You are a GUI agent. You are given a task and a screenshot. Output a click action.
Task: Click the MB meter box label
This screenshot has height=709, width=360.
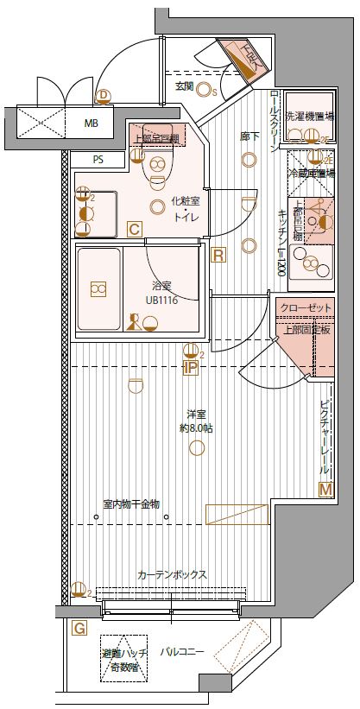click(x=91, y=123)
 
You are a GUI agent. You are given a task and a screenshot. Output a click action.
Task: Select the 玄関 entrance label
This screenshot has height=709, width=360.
click(x=183, y=86)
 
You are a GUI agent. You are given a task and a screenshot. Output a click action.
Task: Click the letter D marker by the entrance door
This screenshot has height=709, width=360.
click(x=104, y=95)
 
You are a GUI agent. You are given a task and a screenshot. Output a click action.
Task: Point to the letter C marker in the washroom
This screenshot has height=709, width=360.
click(x=134, y=229)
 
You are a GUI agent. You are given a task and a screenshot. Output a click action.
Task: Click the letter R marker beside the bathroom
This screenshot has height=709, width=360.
click(x=218, y=255)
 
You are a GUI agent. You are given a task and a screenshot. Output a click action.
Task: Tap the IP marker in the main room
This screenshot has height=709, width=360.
click(x=190, y=368)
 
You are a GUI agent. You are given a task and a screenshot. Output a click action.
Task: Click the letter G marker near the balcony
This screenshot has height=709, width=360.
click(x=79, y=628)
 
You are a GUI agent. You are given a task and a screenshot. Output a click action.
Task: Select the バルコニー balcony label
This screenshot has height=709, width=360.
click(x=182, y=653)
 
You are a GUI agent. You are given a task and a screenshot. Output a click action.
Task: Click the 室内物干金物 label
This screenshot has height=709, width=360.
click(x=130, y=504)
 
